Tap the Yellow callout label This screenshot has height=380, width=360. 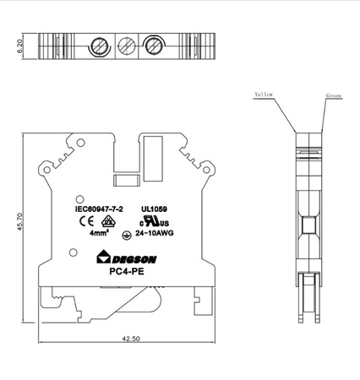coord(264,95)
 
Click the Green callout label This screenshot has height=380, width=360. coord(334,98)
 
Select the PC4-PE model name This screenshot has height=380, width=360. coord(125,272)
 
